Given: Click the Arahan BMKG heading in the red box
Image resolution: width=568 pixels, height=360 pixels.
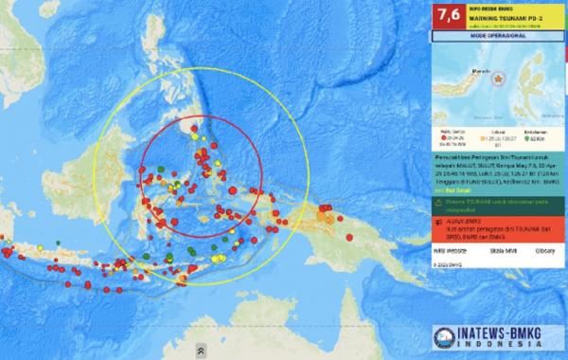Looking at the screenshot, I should click(x=457, y=217).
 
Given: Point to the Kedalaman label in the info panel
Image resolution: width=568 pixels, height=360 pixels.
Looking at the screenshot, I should click(x=536, y=134).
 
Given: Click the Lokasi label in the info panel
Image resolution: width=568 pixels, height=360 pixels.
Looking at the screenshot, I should click(x=497, y=134).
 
